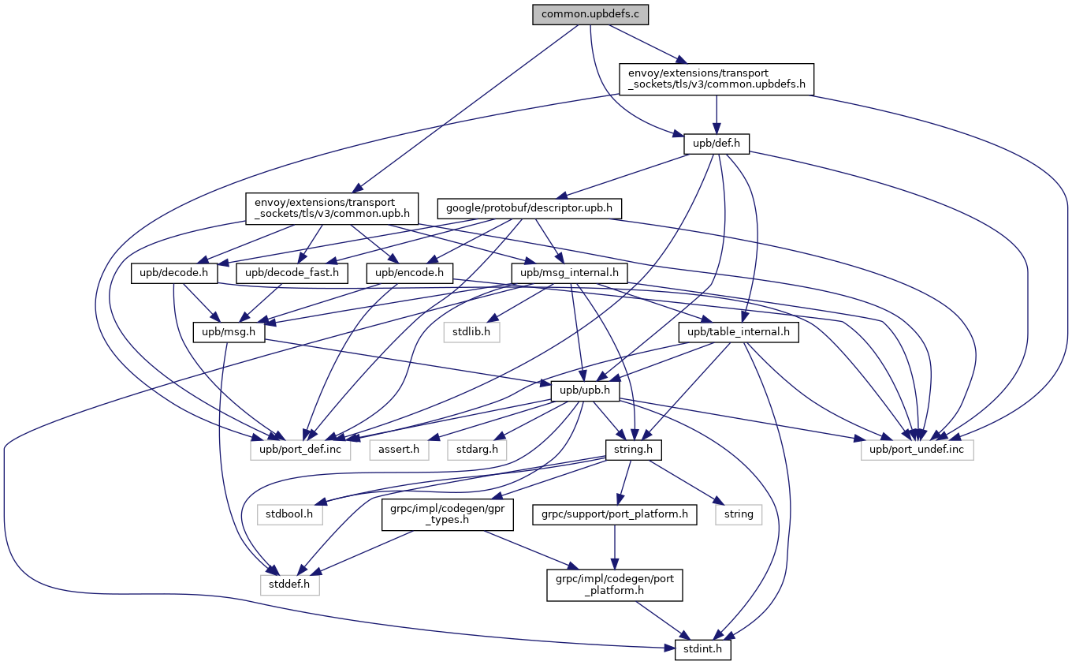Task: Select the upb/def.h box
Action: [x=716, y=145]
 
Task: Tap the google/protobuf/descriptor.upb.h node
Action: [x=530, y=209]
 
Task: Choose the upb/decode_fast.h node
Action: [x=292, y=274]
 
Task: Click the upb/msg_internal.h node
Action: [x=570, y=274]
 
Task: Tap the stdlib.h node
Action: [x=471, y=333]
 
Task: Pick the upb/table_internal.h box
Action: [x=739, y=333]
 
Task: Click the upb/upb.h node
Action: [x=585, y=391]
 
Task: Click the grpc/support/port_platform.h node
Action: [x=614, y=515]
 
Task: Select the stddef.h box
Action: [x=290, y=585]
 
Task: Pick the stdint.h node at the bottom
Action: [x=703, y=650]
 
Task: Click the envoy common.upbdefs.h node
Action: [x=716, y=80]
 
